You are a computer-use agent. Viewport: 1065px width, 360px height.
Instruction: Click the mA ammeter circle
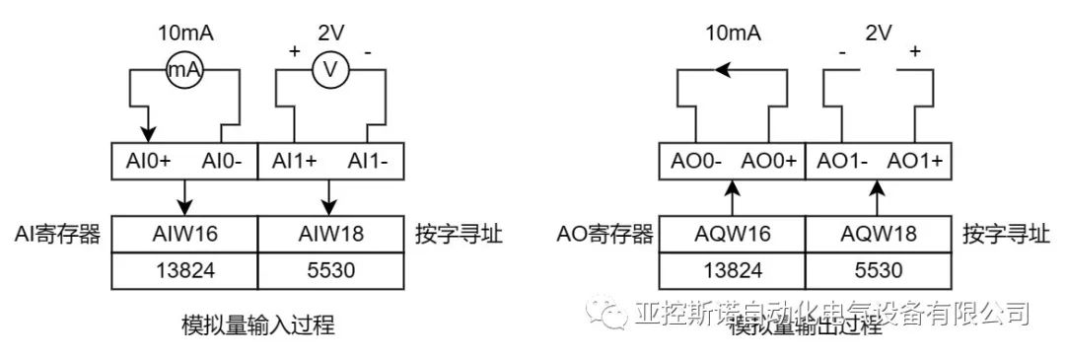(x=183, y=71)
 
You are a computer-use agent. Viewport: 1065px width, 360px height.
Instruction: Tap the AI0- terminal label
(x=224, y=161)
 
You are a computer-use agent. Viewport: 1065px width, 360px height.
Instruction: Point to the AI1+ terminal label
(x=293, y=161)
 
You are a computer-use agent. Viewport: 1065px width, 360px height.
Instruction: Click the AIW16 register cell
(x=183, y=235)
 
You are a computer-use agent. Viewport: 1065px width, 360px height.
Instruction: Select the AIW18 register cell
(x=331, y=235)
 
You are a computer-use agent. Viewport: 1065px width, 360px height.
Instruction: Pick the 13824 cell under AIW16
(x=183, y=271)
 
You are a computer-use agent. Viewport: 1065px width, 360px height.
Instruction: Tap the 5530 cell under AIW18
(x=331, y=271)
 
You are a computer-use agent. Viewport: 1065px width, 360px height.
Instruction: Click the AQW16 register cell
(x=732, y=235)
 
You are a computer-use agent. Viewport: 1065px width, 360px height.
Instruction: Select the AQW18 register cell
(x=880, y=235)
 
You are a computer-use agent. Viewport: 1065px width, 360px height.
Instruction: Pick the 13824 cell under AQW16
(x=732, y=271)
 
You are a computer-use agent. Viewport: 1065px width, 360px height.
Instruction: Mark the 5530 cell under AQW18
(x=880, y=271)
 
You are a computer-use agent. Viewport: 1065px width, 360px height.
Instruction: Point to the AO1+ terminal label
(x=915, y=161)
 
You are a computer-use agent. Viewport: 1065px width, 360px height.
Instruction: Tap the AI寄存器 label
(x=59, y=235)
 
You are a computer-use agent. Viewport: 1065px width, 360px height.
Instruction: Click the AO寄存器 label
(x=606, y=235)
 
